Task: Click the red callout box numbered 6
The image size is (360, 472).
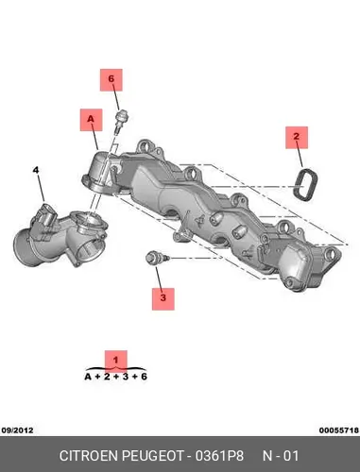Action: pos(111,80)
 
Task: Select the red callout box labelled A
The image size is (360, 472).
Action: pos(91,120)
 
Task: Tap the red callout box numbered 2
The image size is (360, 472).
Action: pos(297,138)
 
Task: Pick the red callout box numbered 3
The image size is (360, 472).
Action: pos(163,299)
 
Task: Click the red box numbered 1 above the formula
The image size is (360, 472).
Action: pos(116,360)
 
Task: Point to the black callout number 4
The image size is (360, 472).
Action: pos(36,170)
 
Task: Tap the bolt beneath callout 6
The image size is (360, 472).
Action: pos(122,121)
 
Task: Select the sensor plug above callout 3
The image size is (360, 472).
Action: pos(157,258)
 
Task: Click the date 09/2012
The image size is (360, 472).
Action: pos(17,430)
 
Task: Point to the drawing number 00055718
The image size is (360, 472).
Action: pos(339,430)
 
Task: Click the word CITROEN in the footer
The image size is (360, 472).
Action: pos(89,456)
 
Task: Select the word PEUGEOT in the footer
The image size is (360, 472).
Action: pos(152,456)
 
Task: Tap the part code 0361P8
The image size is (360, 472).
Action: pos(219,456)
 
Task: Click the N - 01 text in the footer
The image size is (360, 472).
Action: pos(281,456)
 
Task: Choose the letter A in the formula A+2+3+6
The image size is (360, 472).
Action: pos(88,377)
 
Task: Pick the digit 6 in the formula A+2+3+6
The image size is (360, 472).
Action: pos(144,377)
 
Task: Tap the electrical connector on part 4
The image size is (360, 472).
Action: pos(46,215)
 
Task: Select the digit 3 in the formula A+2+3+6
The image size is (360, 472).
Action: pos(126,377)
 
